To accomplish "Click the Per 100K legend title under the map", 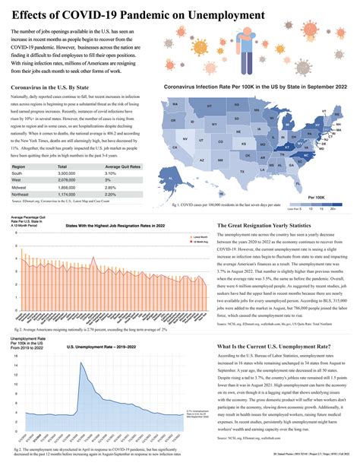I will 317,196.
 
